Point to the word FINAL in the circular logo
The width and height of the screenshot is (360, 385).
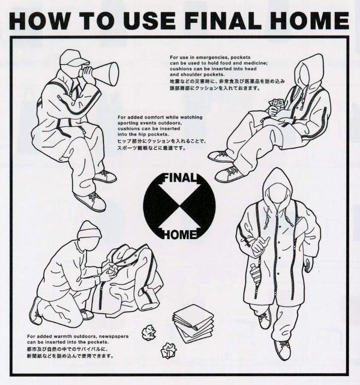[180, 178]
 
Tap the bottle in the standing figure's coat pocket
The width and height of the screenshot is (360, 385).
[253, 271]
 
